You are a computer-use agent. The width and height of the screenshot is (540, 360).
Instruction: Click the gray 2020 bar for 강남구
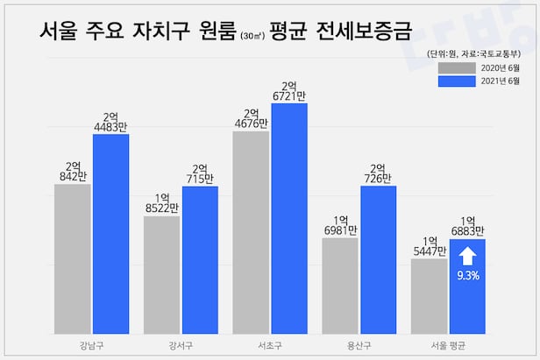point(72,258)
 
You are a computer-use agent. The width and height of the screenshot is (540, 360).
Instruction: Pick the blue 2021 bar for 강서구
point(200,258)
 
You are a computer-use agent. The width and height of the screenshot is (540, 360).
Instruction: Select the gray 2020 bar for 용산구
point(340,284)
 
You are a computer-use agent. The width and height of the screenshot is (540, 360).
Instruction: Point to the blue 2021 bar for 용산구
point(379,258)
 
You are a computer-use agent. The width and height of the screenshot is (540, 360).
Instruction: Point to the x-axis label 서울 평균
point(448,344)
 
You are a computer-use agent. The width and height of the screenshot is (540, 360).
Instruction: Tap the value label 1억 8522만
point(161,203)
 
